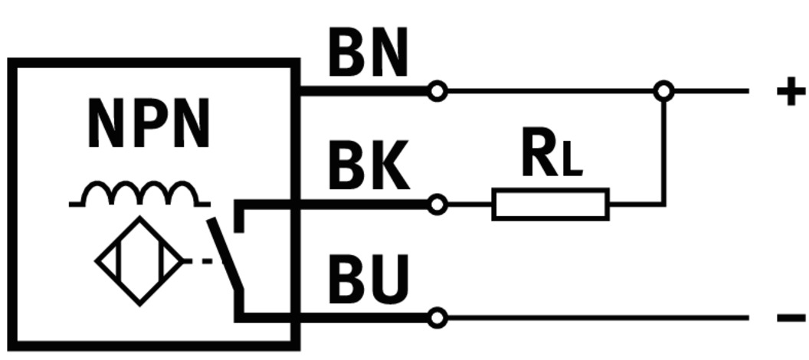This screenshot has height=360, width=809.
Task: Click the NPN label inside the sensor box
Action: pyautogui.click(x=149, y=124)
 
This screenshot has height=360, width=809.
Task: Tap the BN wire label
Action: pyautogui.click(x=368, y=55)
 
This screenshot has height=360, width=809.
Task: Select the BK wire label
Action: pyautogui.click(x=368, y=168)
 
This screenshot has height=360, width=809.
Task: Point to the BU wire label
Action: pyautogui.click(x=368, y=280)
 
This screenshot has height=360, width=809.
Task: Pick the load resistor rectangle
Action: pyautogui.click(x=550, y=205)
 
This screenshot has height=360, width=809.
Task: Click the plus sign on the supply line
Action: pyautogui.click(x=791, y=93)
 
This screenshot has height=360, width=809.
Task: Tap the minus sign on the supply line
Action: pyautogui.click(x=791, y=318)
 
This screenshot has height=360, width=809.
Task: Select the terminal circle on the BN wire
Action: pyautogui.click(x=437, y=92)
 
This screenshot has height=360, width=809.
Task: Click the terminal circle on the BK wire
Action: pyautogui.click(x=437, y=205)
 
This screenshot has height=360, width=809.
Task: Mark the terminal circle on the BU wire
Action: pyautogui.click(x=437, y=318)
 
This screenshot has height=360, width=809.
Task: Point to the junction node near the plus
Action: pyautogui.click(x=663, y=92)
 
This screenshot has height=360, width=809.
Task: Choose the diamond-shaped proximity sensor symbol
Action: pyautogui.click(x=139, y=261)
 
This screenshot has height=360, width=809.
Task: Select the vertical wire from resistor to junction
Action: pyautogui.click(x=664, y=149)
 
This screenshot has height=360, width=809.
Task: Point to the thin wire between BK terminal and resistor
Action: pyautogui.click(x=469, y=205)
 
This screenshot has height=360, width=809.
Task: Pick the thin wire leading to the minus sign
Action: pyautogui.click(x=598, y=318)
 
